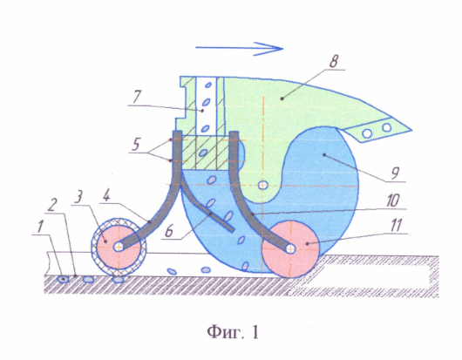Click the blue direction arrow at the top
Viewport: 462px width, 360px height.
click(239, 48)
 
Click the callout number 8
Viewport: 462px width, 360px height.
click(333, 62)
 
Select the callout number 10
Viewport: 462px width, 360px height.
click(392, 200)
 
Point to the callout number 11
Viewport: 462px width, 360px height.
click(395, 225)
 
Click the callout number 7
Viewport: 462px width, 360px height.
click(136, 97)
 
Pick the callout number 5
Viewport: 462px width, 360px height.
click(136, 144)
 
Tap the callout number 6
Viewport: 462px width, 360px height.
click(169, 231)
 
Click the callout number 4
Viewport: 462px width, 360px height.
click(105, 195)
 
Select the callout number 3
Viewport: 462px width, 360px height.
click(78, 197)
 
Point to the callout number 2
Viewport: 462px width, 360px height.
click(51, 205)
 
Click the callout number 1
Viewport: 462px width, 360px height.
click(40, 227)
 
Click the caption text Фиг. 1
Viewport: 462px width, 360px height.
click(233, 332)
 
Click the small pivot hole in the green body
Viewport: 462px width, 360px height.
click(262, 185)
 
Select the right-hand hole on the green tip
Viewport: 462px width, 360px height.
click(386, 127)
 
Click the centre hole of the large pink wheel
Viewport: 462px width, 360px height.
click(291, 248)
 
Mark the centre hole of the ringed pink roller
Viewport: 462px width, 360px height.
click(119, 247)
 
